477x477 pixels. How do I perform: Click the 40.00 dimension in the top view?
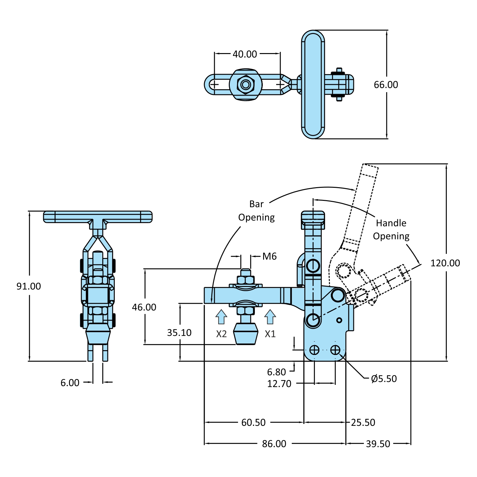(x=245, y=54)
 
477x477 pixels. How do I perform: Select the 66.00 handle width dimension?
(x=386, y=85)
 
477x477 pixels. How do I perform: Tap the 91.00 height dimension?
(x=29, y=286)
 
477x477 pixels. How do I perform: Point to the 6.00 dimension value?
(x=70, y=383)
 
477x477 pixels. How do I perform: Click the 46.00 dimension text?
(x=144, y=307)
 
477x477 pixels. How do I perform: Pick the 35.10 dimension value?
(x=179, y=333)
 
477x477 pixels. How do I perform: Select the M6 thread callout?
(x=269, y=256)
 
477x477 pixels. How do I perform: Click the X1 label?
(x=270, y=334)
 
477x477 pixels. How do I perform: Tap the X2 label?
(x=221, y=334)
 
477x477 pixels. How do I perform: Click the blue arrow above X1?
(x=270, y=317)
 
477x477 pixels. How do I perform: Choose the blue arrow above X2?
(x=221, y=317)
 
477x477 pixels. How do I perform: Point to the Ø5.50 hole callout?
(x=384, y=379)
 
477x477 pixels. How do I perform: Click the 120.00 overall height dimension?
(x=445, y=263)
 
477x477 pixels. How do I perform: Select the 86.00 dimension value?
(x=274, y=444)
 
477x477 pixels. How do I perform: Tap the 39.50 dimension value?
(x=378, y=444)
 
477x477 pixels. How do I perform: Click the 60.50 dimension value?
(x=253, y=423)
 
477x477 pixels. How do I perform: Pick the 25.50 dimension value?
(x=363, y=423)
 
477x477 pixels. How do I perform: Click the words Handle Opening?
(x=391, y=230)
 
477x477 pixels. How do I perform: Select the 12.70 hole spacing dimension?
(x=279, y=384)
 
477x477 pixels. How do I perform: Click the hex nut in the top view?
(x=246, y=85)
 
